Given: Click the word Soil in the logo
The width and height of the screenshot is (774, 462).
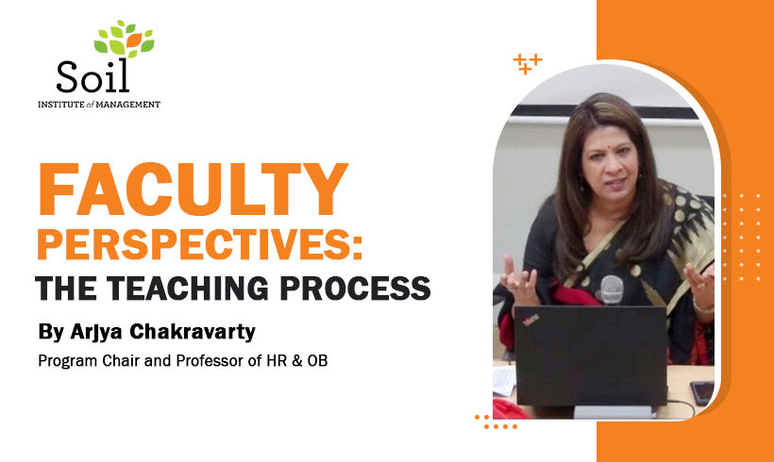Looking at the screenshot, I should [x=92, y=74].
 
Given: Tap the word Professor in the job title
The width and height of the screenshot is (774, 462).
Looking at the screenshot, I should [x=184, y=359].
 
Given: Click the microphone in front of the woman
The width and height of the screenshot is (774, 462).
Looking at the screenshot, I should [x=612, y=289].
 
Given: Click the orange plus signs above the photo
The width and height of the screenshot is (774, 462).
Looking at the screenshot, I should [x=527, y=63].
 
